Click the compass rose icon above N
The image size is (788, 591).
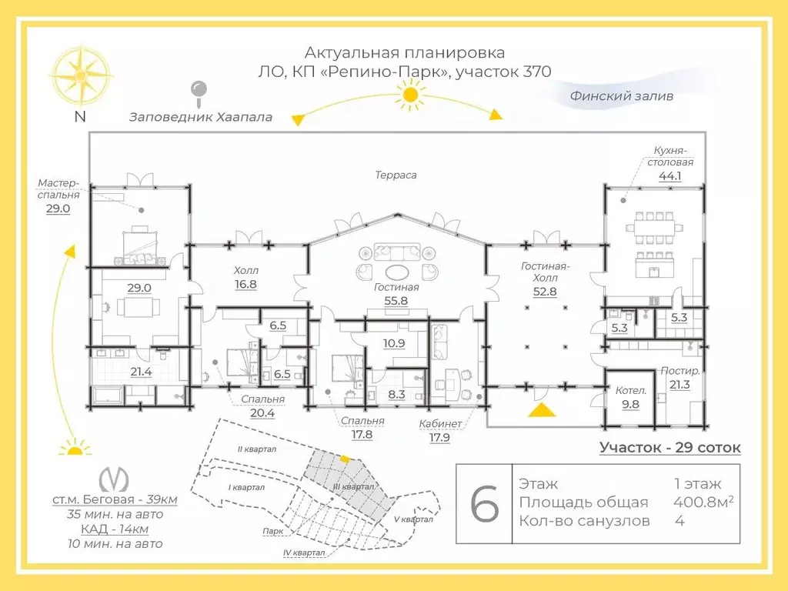[x=80, y=75]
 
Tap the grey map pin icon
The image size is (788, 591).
[x=199, y=94]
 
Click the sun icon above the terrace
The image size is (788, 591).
[x=411, y=95]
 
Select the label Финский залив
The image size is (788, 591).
[x=621, y=96]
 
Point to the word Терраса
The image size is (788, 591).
[x=396, y=175]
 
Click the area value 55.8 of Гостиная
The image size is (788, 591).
[x=396, y=301]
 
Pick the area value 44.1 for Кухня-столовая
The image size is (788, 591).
[x=670, y=176]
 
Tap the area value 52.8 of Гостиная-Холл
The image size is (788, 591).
[x=545, y=292]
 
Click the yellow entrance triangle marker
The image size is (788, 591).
[x=542, y=410]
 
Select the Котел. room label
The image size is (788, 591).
[x=631, y=390]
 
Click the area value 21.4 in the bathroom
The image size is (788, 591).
[x=141, y=372]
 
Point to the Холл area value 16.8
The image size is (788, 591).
[x=245, y=285]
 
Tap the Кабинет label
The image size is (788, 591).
[x=440, y=424]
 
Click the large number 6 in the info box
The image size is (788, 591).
[x=485, y=503]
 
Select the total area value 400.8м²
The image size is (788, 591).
[x=703, y=502]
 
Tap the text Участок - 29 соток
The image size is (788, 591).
[x=670, y=447]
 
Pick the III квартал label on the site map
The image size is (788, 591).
[x=354, y=486]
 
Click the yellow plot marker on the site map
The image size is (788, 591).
[x=344, y=459]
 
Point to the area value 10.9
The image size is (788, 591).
[x=394, y=343]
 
